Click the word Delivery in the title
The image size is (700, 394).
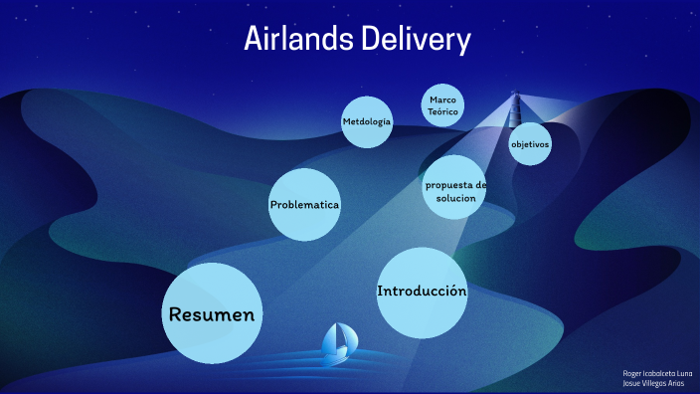(418, 39)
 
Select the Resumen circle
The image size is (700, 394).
(212, 313)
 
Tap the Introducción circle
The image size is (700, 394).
(422, 292)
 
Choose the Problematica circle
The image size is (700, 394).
(304, 205)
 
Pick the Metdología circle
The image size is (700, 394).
(367, 122)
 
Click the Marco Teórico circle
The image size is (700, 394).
(442, 106)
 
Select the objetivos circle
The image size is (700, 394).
(530, 144)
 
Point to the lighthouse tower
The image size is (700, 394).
(515, 109)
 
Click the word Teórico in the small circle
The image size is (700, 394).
(442, 112)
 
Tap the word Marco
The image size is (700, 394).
(442, 100)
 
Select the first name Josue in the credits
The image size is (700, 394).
(632, 383)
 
